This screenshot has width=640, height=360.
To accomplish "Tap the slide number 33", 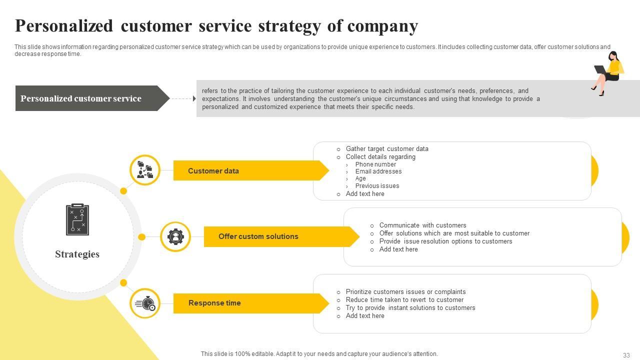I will pos(626,355).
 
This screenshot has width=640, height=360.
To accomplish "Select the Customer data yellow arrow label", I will pos(213,171).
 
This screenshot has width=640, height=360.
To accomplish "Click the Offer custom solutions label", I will pos(258,236).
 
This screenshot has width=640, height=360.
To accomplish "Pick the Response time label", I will pos(214,303).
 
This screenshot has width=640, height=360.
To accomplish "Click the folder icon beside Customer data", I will pos(145,170).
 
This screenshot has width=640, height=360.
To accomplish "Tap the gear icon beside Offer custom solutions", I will pos(175,236).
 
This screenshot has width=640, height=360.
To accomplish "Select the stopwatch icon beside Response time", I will pos(145,303).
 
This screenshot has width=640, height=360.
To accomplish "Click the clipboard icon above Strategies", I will pos(77,219).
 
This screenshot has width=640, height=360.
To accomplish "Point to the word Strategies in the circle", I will pos(77,254).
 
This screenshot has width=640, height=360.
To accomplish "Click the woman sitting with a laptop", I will pos(609,72).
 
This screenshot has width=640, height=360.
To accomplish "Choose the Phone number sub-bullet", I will pos(375,164).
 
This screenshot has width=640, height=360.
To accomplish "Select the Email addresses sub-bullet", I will pos(378,171).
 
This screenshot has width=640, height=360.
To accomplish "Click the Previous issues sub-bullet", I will pos(377,186).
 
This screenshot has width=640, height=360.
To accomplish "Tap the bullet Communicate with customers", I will pos(422,225).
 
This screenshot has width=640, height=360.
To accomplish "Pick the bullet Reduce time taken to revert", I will pos(404,300).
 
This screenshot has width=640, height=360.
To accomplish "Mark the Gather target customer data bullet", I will pos(387,149).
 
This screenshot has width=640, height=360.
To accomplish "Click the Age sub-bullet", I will pos(360,178).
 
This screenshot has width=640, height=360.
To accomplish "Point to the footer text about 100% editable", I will pos(319,354).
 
